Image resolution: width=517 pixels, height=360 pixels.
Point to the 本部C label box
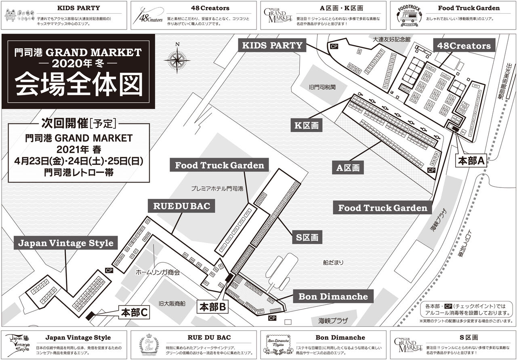coord(135,312)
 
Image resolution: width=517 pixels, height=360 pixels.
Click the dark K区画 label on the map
coord(307,126)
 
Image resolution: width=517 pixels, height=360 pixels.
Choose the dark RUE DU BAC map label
coord(182,206)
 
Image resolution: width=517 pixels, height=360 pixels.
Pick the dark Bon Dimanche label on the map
coord(333,297)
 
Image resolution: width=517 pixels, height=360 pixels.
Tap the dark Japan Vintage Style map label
coord(66,243)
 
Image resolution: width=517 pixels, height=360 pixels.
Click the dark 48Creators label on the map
coord(464,46)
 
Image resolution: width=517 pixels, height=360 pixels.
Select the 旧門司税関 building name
coord(322,87)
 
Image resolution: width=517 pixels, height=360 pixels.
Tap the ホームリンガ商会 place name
coord(158,273)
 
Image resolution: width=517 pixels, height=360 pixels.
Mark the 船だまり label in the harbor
coord(333,263)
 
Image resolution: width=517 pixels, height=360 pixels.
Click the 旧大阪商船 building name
coord(172,303)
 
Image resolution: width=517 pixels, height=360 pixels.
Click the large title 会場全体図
coord(79,84)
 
